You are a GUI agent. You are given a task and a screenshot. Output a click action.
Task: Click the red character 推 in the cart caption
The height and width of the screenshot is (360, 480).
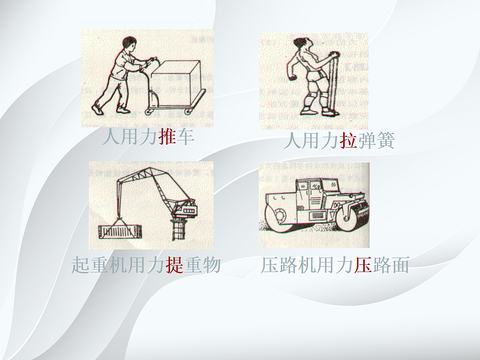167,137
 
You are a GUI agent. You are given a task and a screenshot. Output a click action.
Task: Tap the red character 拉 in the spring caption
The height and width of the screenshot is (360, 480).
348,141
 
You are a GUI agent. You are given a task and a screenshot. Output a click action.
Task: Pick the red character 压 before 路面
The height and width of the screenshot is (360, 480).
363,265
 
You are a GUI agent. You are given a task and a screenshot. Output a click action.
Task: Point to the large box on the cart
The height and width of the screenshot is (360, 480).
176,82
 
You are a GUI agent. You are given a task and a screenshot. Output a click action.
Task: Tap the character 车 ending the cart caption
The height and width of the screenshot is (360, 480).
186,137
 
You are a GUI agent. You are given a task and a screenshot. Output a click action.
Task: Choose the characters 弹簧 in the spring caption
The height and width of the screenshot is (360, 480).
376,141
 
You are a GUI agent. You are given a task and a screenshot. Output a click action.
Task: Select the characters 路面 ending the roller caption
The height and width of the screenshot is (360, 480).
390,265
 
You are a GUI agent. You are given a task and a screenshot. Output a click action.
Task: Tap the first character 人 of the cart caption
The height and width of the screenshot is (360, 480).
112,137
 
